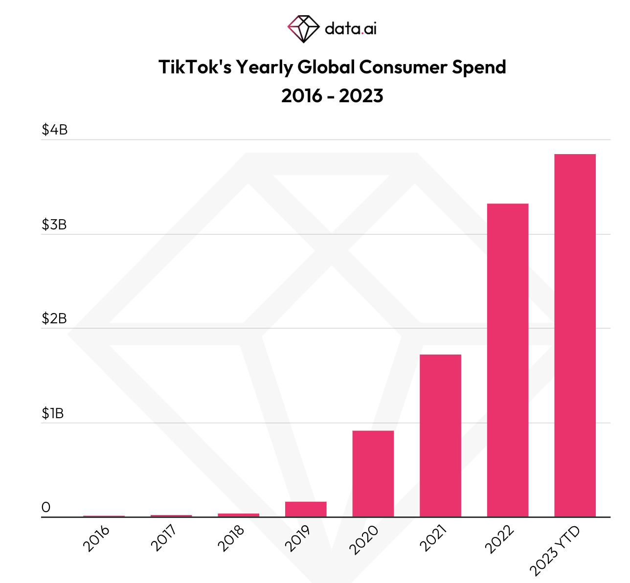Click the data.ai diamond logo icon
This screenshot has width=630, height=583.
coord(303,28)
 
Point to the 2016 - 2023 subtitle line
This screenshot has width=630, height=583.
coord(332,95)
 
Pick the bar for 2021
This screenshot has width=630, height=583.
coord(440,435)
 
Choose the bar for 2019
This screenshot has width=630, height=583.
coord(306,509)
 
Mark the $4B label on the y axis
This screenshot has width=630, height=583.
coord(54,130)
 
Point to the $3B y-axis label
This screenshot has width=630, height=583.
coord(54,225)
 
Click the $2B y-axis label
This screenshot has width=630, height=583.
coord(54,319)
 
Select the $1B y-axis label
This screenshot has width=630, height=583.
coord(52,414)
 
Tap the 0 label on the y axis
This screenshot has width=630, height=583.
coord(46,508)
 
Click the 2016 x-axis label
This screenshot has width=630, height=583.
coord(96,538)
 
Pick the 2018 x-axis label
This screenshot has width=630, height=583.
coord(231,538)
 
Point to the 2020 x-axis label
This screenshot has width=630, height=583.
coord(364,539)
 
